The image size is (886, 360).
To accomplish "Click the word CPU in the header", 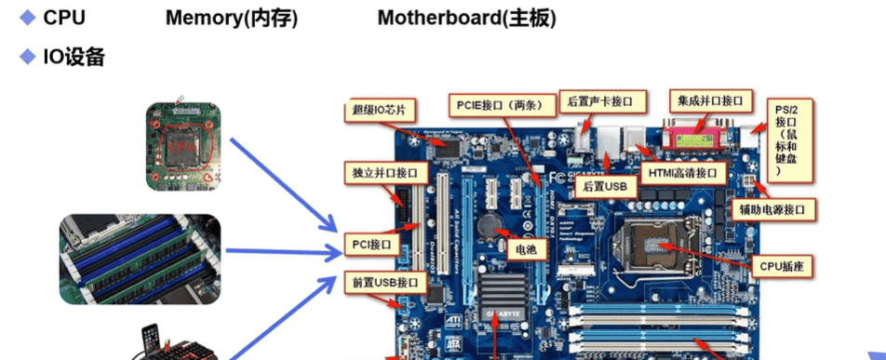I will pyautogui.click(x=64, y=19).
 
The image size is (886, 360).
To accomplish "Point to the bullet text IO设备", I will pyautogui.click(x=74, y=58).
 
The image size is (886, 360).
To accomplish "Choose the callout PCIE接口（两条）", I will pyautogui.click(x=500, y=103).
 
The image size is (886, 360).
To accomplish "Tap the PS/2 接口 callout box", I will pyautogui.click(x=787, y=140).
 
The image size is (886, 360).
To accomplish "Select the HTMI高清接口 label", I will pyautogui.click(x=683, y=173).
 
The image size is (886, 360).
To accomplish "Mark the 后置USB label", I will pyautogui.click(x=605, y=186).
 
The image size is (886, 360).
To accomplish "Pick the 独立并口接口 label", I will pyautogui.click(x=386, y=173).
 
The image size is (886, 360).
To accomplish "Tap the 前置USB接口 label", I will pyautogui.click(x=380, y=280).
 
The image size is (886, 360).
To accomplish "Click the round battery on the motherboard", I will pyautogui.click(x=489, y=224).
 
